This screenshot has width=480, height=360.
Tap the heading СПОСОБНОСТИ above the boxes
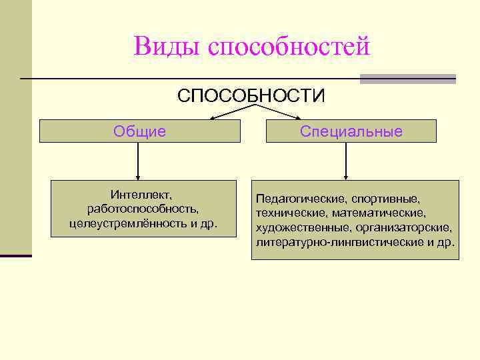[251, 96]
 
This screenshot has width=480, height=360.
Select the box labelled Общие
[139, 131]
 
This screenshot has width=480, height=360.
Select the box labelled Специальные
[351, 131]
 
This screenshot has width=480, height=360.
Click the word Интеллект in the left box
[141, 195]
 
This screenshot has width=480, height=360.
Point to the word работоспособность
[143, 208]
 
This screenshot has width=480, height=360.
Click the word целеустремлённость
[127, 221]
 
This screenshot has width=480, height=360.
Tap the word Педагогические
[299, 199]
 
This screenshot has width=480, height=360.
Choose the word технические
[289, 213]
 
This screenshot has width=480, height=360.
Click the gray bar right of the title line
[407, 79]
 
